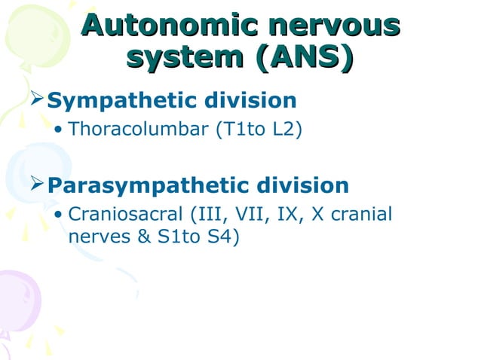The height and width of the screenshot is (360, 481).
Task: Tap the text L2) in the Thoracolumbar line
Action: pyautogui.click(x=286, y=131)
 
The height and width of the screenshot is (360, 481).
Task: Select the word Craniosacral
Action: pyautogui.click(x=129, y=215)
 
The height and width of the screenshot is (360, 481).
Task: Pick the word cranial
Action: pyautogui.click(x=363, y=215)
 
